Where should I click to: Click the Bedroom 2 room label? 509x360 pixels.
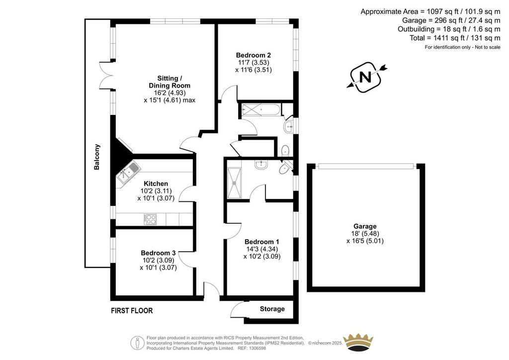click(x=253, y=55)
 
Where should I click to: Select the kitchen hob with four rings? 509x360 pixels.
click(x=150, y=219)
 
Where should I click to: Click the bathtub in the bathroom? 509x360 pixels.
click(x=260, y=110)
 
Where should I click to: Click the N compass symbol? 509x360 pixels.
click(x=366, y=77)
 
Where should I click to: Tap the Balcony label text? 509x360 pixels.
click(x=97, y=157)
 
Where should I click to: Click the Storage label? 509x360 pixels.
click(x=272, y=309)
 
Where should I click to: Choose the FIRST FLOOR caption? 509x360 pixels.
click(x=132, y=311)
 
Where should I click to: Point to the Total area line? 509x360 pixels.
click(x=455, y=38)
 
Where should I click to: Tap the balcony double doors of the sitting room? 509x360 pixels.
click(x=106, y=75)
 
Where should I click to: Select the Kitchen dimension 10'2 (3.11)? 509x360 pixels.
click(x=156, y=191)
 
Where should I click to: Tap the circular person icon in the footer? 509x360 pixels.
click(x=138, y=343)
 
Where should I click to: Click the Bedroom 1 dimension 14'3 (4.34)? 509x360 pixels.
click(x=261, y=249)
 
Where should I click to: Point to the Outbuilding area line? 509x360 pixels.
click(x=449, y=29)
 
